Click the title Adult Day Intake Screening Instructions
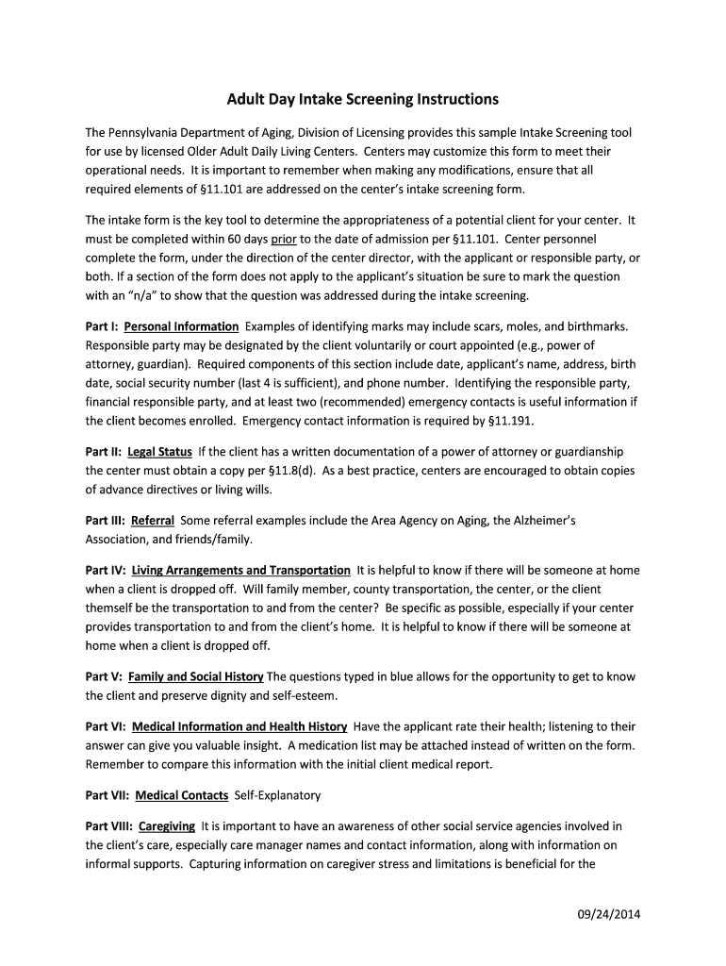[x=362, y=99]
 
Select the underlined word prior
[x=284, y=240]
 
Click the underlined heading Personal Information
[x=181, y=326]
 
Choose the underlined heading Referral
[x=153, y=521]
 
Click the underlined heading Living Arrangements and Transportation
[x=240, y=571]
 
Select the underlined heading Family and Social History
[x=195, y=676]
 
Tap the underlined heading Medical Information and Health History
[x=239, y=726]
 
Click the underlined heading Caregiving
[x=167, y=826]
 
